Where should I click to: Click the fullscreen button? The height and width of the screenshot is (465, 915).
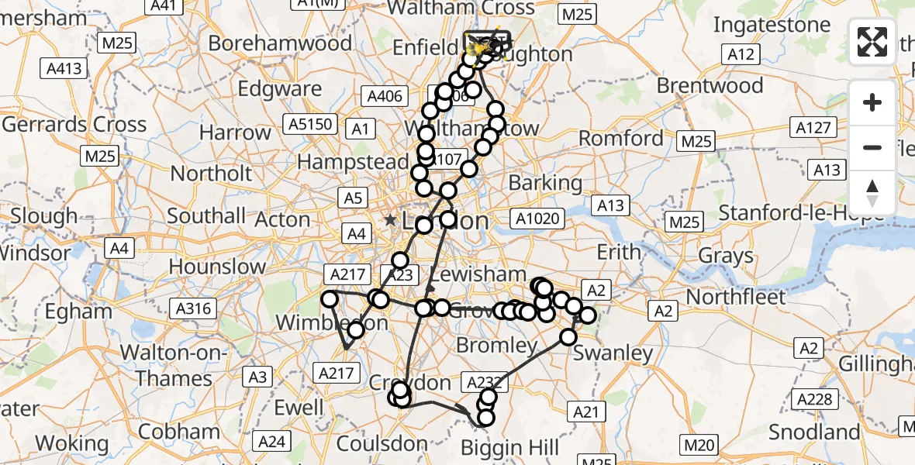[x=872, y=42]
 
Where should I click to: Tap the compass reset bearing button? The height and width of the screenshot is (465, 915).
[x=872, y=193]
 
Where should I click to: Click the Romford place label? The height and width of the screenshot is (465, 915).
[x=623, y=139]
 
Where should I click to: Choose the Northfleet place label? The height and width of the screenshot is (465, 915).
[x=736, y=297]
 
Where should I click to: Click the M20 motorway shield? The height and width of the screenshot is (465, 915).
[x=696, y=445]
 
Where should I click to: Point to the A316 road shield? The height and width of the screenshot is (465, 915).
[x=194, y=309]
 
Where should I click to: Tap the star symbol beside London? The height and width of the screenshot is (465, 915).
[x=390, y=220]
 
